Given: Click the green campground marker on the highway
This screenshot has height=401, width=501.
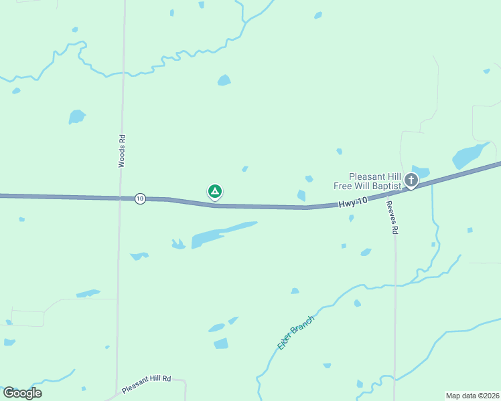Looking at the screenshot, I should coord(215,192).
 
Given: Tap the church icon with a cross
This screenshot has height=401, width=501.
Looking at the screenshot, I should coord(411,180).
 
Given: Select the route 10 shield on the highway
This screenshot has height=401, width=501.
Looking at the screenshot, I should coord(139,198).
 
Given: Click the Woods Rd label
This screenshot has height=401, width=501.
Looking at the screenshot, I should coord(122,151).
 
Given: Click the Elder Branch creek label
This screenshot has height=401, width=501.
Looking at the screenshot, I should coord(295,332).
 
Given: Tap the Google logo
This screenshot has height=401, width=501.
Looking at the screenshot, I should coord(23,393).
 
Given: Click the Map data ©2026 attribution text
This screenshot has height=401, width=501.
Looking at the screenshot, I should coord(472,396).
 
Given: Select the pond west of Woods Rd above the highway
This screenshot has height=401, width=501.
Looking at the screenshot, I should coord(77,117).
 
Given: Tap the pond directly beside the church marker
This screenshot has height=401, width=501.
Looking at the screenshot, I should coord(421,171).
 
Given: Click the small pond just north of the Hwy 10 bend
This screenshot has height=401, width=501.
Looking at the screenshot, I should coord(301,195).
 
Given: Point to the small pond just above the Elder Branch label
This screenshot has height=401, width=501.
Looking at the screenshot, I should coord(295,291).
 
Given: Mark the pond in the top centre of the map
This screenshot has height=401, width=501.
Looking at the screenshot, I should coord(224,80).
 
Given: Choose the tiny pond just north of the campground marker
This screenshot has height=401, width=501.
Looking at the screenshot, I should coord(245,168).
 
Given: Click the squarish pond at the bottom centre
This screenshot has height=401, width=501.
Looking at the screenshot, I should coord(221,344).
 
